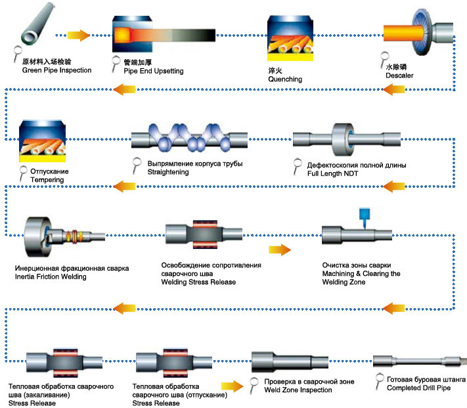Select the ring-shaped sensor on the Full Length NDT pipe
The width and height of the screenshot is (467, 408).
point(344,140)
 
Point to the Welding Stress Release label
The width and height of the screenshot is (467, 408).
point(204,283)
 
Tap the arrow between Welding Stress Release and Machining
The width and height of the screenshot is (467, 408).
point(279,250)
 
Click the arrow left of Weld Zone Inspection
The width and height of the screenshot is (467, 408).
point(232,387)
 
